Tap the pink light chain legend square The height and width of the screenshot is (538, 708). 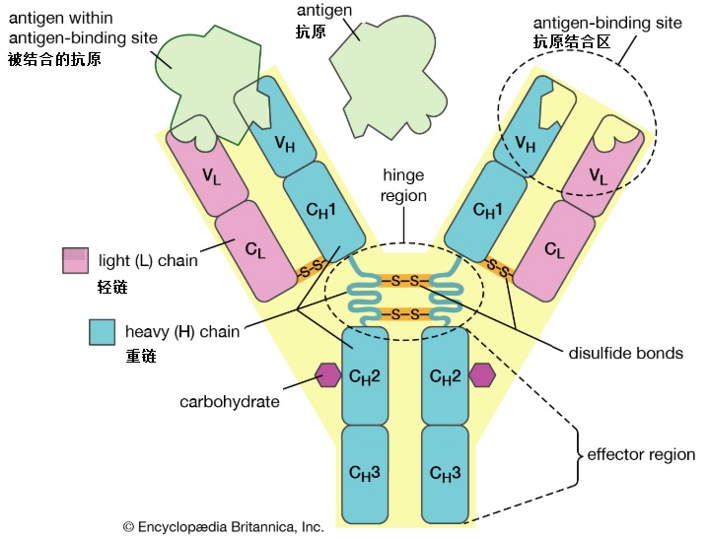pyautogui.click(x=74, y=261)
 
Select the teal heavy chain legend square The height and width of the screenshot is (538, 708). pyautogui.click(x=101, y=332)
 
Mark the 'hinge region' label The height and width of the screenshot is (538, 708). pyautogui.click(x=404, y=184)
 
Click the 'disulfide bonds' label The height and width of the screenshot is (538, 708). pyautogui.click(x=625, y=352)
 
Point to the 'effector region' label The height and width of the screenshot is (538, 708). pyautogui.click(x=642, y=456)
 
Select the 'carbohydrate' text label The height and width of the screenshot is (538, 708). pyautogui.click(x=230, y=402)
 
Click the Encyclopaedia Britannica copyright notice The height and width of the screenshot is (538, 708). pyautogui.click(x=223, y=526)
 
